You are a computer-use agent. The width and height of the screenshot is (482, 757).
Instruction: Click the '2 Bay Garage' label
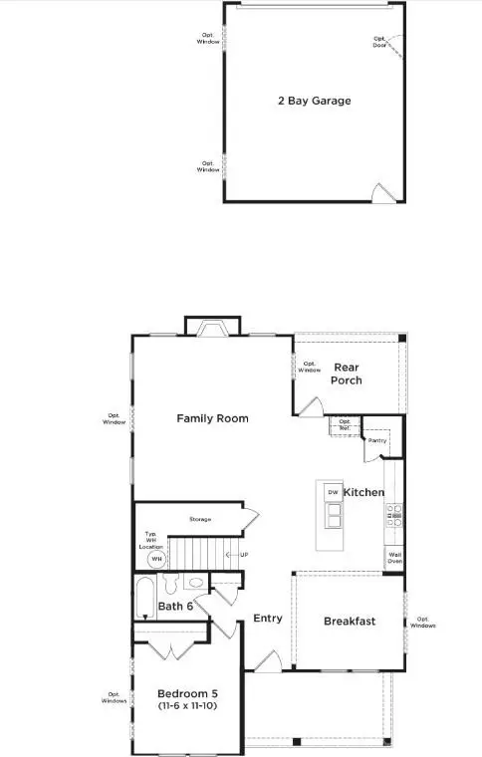tap(314, 101)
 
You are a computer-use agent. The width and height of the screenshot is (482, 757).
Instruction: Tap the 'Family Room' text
tap(212, 418)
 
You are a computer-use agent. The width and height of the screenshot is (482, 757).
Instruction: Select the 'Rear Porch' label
tap(348, 374)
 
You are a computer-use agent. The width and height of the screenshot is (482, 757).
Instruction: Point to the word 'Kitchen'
tap(363, 493)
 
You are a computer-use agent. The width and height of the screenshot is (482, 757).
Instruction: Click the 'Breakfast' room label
tap(350, 622)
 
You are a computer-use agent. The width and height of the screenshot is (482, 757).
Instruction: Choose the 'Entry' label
tap(267, 619)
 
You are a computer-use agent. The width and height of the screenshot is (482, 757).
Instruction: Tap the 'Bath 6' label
tap(176, 605)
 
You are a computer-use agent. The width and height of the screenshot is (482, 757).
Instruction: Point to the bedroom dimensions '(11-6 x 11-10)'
tap(188, 706)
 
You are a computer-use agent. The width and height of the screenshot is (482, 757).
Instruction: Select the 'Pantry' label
tap(376, 440)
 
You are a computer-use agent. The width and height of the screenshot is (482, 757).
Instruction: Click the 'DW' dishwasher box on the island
tap(332, 492)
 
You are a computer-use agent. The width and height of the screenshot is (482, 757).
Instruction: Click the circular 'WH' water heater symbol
tap(155, 559)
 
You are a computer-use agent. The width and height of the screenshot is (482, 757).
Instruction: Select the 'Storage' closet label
tap(200, 519)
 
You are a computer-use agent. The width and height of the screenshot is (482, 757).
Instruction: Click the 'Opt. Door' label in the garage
tap(379, 40)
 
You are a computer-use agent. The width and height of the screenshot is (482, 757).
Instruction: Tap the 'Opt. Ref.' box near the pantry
tap(345, 423)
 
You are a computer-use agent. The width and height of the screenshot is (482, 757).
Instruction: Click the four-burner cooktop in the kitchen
tap(393, 516)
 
